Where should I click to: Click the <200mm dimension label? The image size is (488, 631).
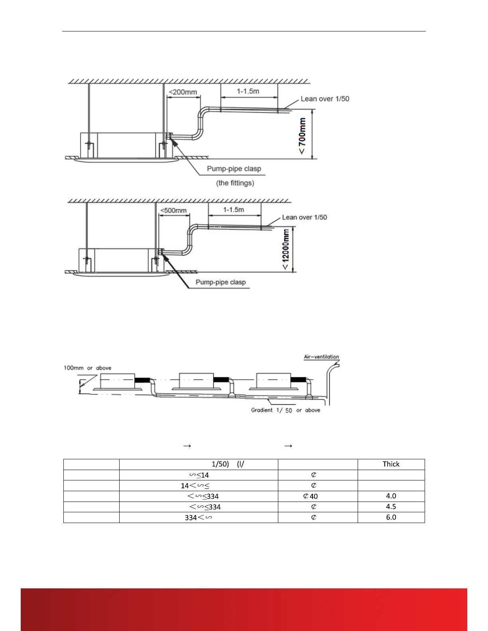tap(183, 92)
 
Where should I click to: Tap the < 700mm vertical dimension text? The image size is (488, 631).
tap(303, 135)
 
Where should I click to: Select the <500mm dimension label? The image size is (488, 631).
tap(173, 210)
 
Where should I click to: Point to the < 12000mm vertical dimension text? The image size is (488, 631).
tap(286, 249)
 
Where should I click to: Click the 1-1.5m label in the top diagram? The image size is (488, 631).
tap(248, 91)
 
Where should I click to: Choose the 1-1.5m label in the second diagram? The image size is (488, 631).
tap(234, 210)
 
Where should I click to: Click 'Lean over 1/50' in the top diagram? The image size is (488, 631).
tap(325, 99)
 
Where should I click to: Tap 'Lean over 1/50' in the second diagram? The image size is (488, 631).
tap(305, 217)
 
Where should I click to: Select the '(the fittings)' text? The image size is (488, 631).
tap(235, 183)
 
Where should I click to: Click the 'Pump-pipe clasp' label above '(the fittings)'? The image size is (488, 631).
tap(234, 169)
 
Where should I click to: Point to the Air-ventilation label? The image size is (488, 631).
tap(321, 357)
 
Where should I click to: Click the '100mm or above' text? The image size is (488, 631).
tap(87, 368)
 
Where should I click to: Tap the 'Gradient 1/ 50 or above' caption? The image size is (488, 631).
tap(285, 410)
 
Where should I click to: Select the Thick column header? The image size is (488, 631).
tap(391, 464)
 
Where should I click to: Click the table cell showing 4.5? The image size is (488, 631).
tap(391, 507)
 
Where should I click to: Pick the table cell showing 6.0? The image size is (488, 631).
tap(391, 517)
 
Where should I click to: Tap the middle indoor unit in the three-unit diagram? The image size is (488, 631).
tap(196, 381)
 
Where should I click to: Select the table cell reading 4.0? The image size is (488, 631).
tap(391, 496)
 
